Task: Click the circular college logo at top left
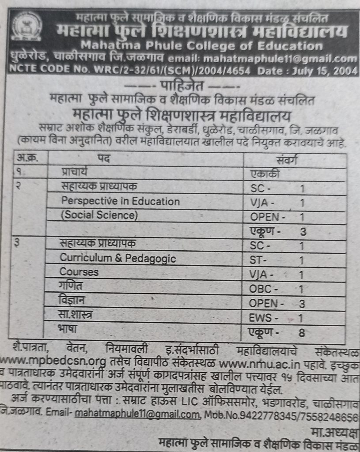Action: point(27,26)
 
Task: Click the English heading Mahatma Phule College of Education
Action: point(201,46)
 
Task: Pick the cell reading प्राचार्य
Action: point(78,173)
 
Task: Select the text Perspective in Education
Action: point(120,202)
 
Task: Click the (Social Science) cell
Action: point(99,215)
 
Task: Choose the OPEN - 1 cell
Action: point(277,217)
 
